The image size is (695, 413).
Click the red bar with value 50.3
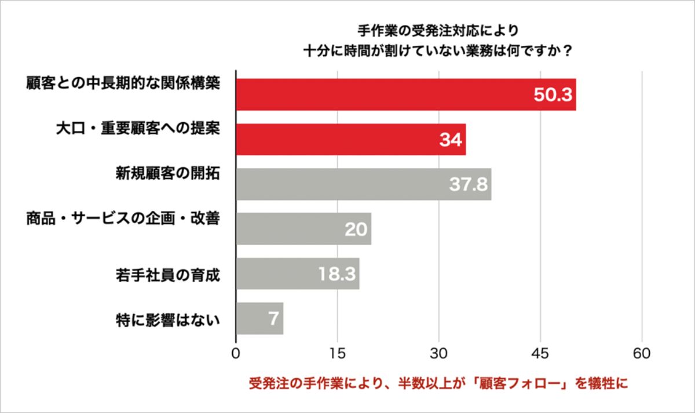(405, 94)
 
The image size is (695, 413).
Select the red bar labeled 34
(350, 139)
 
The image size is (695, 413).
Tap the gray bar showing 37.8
(363, 184)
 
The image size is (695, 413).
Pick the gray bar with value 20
(303, 229)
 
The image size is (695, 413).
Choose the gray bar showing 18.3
(297, 273)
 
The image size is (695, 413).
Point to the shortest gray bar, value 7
(259, 318)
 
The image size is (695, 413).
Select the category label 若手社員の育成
(168, 274)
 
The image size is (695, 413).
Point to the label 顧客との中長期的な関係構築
(123, 83)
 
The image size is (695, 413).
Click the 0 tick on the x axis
(236, 353)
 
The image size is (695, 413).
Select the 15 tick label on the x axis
(337, 353)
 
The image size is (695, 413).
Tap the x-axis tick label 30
(439, 353)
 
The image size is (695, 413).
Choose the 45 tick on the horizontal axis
(540, 353)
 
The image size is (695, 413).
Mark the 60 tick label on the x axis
(642, 353)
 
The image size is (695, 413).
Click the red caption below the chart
(438, 384)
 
